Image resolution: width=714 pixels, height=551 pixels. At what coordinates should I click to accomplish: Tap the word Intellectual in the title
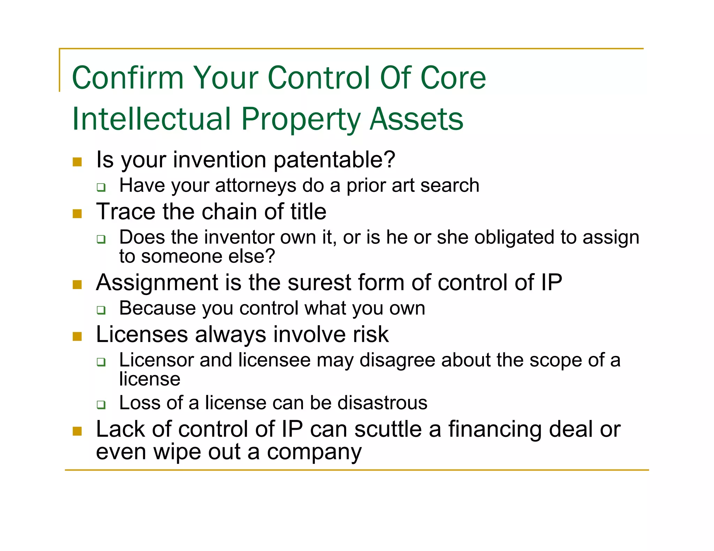151,119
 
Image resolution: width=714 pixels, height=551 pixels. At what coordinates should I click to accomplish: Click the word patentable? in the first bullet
334,160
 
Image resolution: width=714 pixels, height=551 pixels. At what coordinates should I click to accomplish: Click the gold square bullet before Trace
77,214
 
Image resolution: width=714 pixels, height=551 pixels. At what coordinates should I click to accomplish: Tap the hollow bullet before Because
101,310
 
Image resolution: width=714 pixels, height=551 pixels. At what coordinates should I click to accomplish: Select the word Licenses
142,334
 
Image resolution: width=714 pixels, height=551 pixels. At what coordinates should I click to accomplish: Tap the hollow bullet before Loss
101,405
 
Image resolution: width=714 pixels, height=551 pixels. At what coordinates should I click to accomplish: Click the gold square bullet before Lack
77,432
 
